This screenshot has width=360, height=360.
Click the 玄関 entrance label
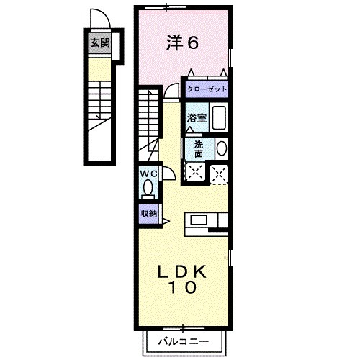[100, 42]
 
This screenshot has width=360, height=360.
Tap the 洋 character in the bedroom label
[176, 43]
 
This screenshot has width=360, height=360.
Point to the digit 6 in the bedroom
[193, 43]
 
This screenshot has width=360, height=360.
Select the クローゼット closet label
[207, 89]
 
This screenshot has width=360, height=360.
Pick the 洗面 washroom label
[198, 148]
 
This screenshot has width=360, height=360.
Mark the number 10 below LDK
[184, 289]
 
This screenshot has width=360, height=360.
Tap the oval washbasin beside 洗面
[221, 149]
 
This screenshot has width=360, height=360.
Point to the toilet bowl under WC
[148, 189]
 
